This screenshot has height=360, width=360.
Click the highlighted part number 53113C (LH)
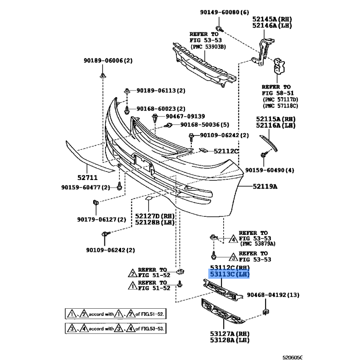tap(229, 274)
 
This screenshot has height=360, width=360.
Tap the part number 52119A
tap(265, 186)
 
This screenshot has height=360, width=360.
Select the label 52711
tap(87, 177)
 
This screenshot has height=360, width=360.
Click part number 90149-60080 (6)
tap(224, 12)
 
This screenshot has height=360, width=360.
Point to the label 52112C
tap(226, 151)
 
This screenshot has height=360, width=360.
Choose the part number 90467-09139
tap(185, 117)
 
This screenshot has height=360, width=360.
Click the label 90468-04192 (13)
tap(273, 295)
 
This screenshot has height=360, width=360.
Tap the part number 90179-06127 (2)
tap(102, 220)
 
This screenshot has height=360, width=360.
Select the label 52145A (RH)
tap(272, 19)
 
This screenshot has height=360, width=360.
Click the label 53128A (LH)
tap(229, 340)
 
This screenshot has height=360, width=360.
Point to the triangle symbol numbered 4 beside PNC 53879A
tap(233, 239)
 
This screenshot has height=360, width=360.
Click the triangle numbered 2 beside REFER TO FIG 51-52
tap(132, 273)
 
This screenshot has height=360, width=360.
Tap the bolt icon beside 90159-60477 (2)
tap(119, 186)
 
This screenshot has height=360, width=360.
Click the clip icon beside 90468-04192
tap(265, 311)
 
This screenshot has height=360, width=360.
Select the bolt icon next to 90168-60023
tap(126, 110)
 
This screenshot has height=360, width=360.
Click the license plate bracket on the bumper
tap(143, 163)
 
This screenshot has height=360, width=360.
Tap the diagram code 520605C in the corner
tap(292, 357)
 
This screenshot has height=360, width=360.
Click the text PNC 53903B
tap(208, 47)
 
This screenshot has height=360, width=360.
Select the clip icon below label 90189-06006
tap(103, 75)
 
